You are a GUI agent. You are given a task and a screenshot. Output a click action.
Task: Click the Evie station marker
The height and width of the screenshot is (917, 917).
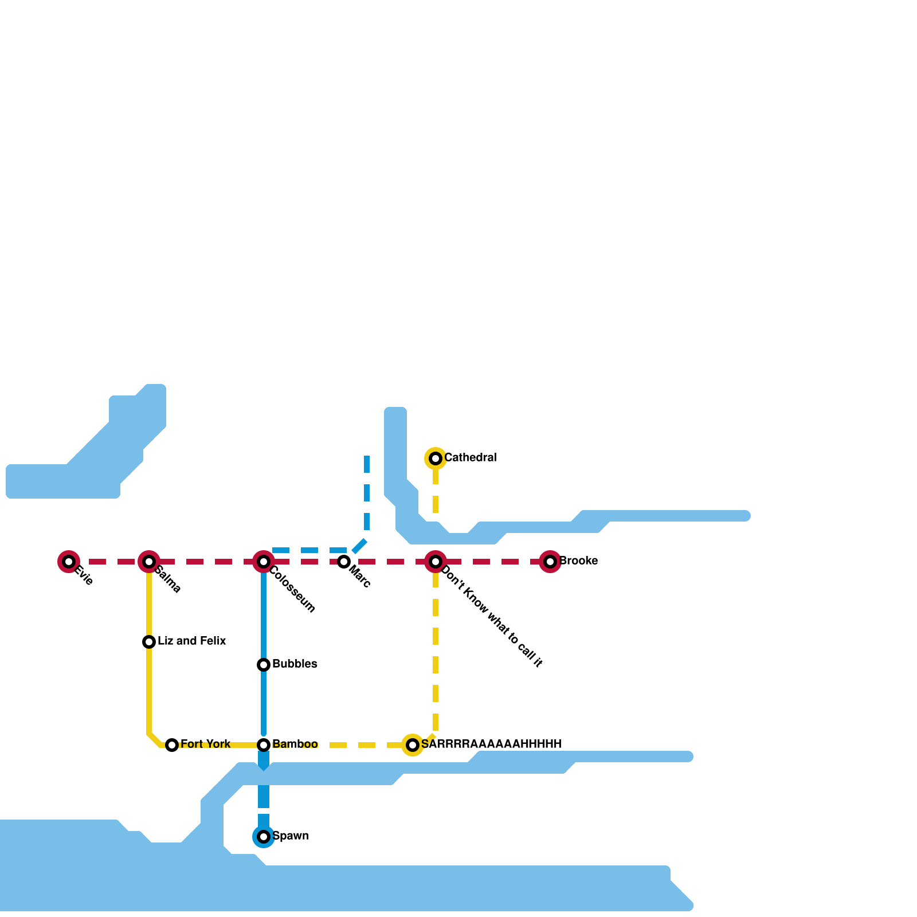click(x=69, y=562)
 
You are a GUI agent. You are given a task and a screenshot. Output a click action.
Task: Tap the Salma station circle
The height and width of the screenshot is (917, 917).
click(x=149, y=562)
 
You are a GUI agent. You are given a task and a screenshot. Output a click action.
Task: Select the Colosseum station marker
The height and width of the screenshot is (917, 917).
click(x=264, y=562)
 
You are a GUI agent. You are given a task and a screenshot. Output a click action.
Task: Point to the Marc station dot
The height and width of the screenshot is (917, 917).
click(x=344, y=562)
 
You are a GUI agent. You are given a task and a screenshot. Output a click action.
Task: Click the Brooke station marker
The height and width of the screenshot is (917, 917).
click(x=550, y=562)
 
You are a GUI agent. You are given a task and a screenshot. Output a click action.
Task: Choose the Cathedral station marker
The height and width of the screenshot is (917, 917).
click(x=436, y=458)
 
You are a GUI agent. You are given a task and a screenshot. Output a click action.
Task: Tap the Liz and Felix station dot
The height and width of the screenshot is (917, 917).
click(x=149, y=642)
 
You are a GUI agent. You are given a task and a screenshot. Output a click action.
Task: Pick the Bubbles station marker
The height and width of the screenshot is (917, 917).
click(x=264, y=665)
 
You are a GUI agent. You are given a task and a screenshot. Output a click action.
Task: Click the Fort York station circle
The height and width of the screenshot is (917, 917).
click(x=172, y=745)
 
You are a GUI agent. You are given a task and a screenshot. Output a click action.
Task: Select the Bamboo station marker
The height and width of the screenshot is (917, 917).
click(x=264, y=745)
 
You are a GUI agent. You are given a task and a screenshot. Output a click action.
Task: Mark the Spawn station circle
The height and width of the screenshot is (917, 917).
click(x=264, y=837)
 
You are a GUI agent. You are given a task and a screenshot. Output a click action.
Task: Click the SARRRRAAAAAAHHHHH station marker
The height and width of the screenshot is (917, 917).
click(x=413, y=745)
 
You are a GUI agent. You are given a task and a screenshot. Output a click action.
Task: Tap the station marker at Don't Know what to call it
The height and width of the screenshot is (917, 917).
click(x=436, y=562)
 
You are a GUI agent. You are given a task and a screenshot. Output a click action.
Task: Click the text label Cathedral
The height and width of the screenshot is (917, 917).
click(x=470, y=458)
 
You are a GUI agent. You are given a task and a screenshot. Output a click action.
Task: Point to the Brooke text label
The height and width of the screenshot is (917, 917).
click(x=578, y=561)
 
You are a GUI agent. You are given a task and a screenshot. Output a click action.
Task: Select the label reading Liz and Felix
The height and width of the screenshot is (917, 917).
click(x=192, y=641)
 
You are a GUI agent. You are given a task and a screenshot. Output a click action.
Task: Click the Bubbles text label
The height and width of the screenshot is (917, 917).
click(x=295, y=664)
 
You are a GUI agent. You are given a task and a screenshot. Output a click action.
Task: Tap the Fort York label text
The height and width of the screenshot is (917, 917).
click(x=205, y=744)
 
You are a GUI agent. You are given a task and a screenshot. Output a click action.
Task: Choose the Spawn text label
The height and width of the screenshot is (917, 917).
click(x=291, y=836)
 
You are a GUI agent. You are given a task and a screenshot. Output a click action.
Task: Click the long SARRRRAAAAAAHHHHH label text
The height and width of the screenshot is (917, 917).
click(x=491, y=744)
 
